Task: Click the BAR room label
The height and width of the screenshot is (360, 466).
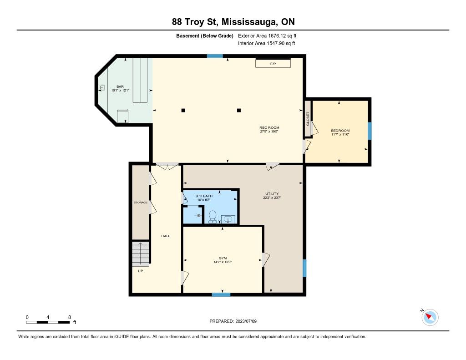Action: pos(120,86)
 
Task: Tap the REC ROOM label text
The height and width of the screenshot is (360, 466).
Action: pos(269,127)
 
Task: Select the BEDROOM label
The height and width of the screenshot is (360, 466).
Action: pos(340,131)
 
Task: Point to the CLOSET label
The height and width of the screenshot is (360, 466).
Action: pos(308,118)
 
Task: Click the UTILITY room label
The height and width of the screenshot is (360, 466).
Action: pos(272,193)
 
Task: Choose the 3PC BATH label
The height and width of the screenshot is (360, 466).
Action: pos(204,196)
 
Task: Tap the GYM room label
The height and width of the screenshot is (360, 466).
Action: pos(223,258)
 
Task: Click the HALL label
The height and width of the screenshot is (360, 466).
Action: pos(166,236)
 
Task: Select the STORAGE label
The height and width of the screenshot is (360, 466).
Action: pos(140,203)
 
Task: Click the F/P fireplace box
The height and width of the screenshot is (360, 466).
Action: pos(273,63)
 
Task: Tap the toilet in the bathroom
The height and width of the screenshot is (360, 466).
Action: pos(213,217)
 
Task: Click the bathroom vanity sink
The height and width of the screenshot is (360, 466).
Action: pos(228,219)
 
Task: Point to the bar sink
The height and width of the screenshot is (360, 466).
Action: pos(102,87)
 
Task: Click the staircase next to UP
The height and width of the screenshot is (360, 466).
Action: pos(141,254)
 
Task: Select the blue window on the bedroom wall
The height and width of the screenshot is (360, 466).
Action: pos(370,131)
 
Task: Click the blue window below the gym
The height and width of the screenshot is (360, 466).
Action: pos(221,294)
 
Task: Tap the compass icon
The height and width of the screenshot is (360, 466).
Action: pos(430,317)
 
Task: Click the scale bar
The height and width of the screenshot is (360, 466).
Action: pos(48,322)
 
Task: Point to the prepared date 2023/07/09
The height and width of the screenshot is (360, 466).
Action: pos(246,321)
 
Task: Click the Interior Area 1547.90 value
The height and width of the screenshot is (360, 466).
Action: pos(276,43)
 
